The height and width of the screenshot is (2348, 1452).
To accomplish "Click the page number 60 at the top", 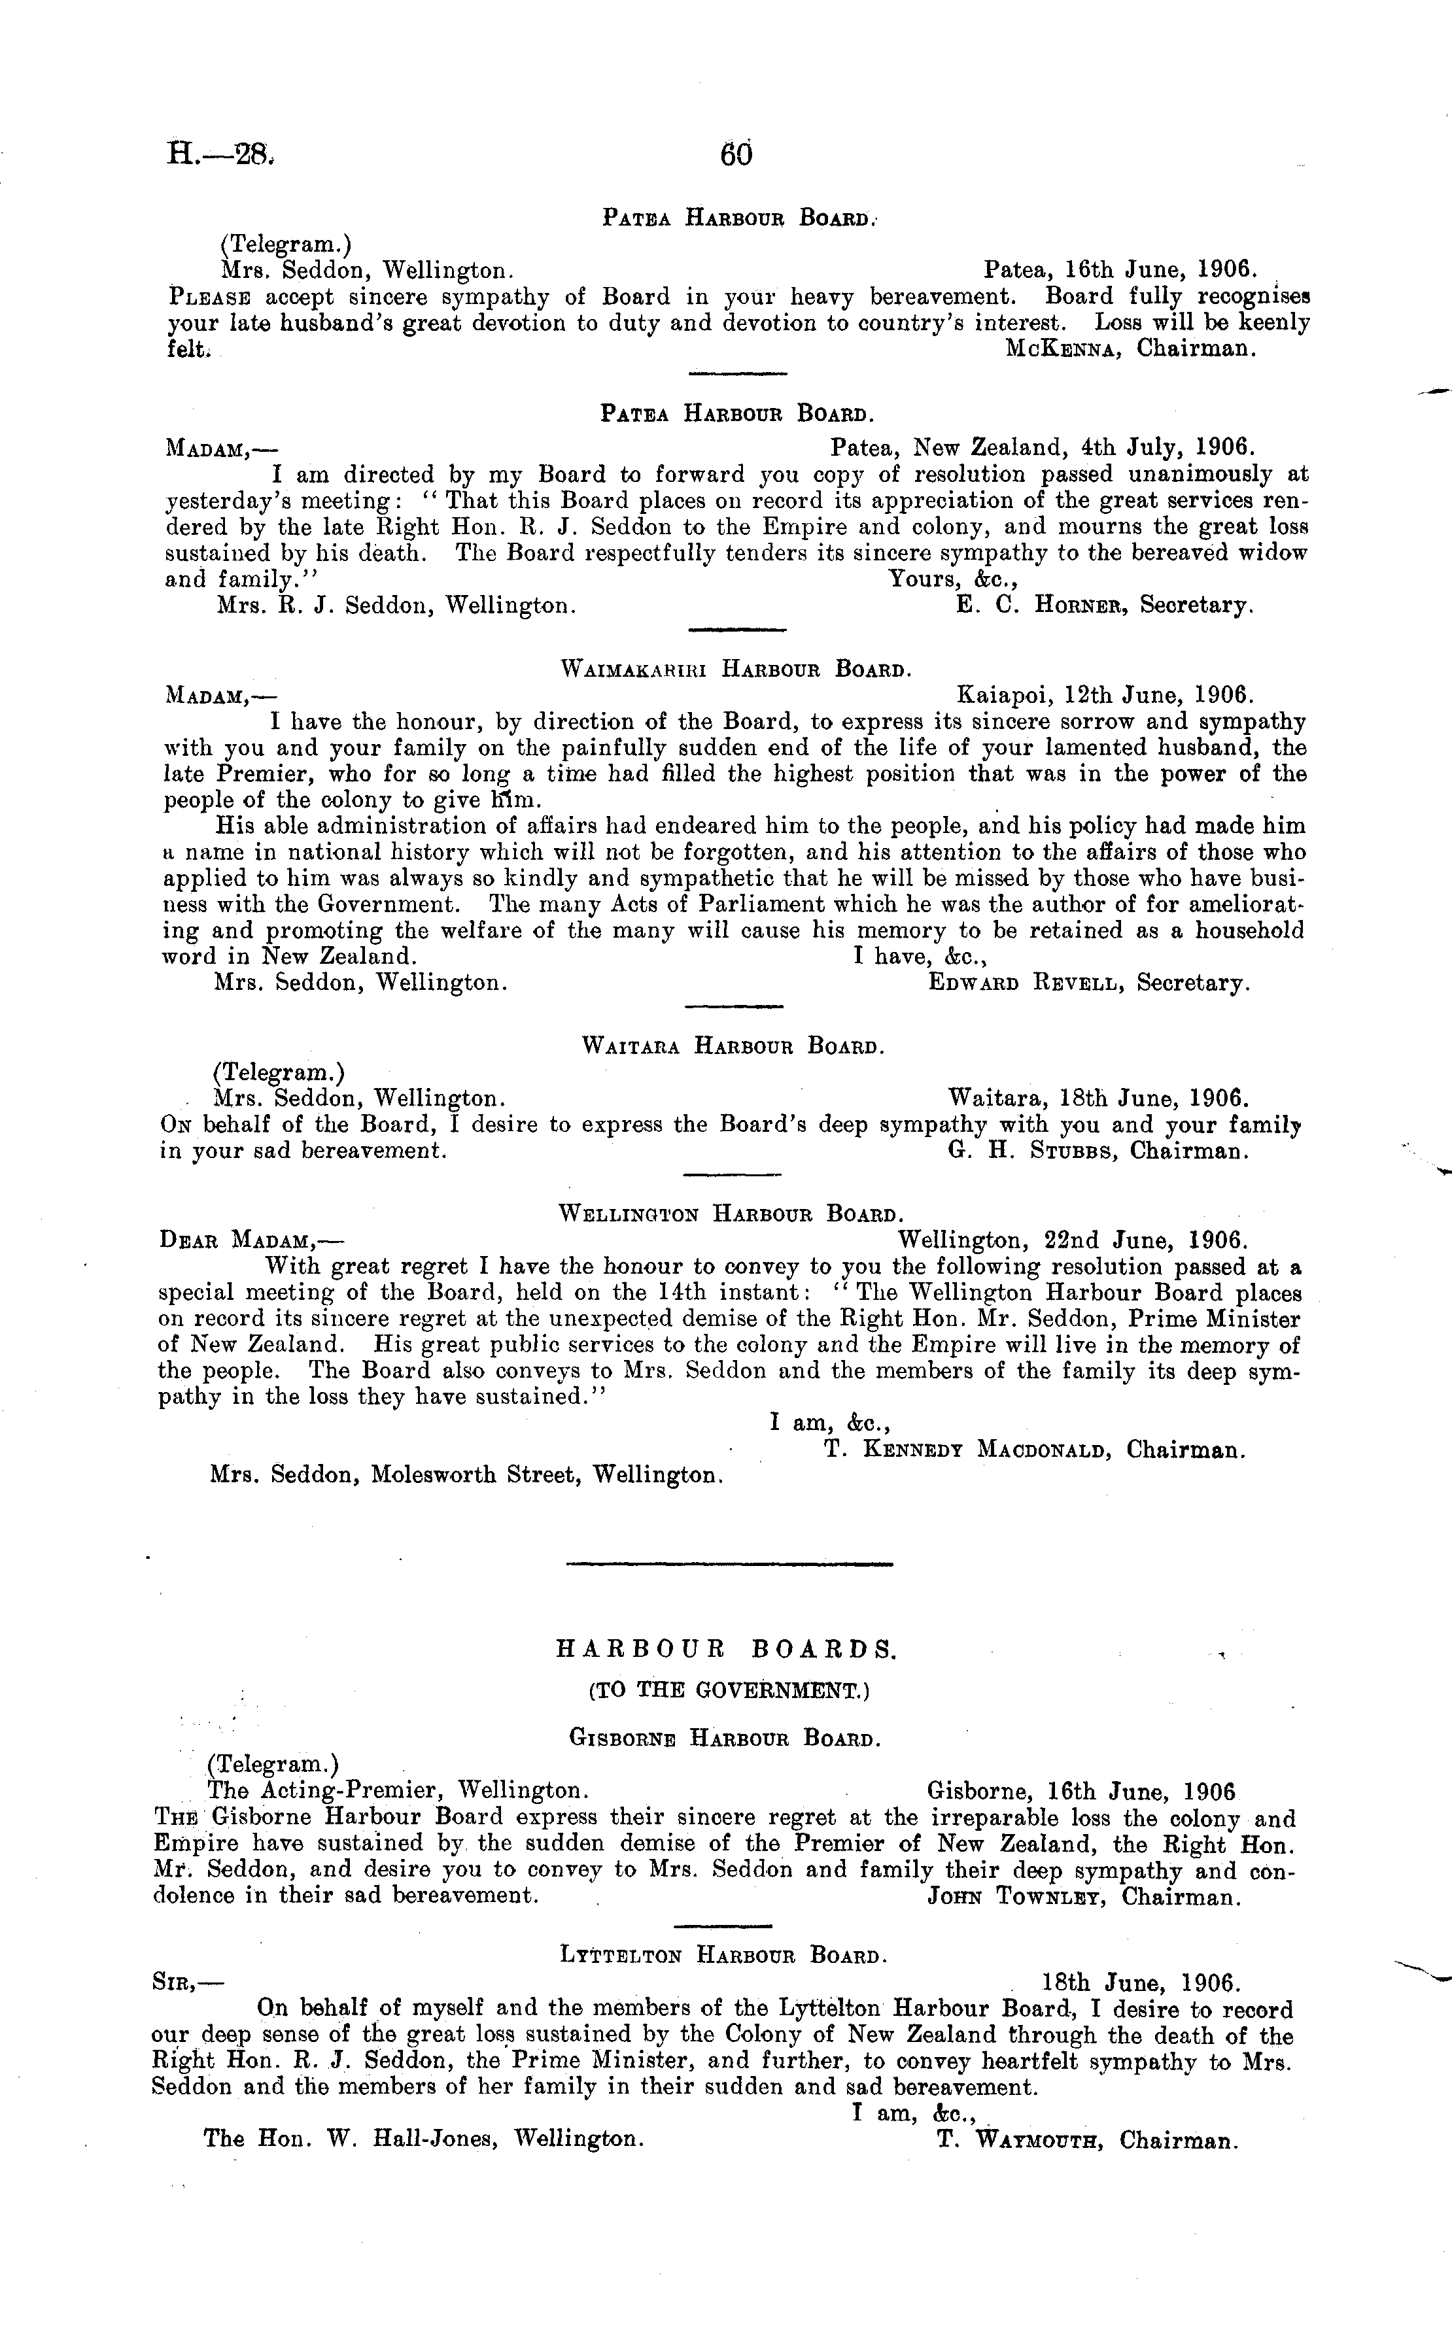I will coord(736,154).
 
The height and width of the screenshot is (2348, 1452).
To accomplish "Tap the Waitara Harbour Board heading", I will coord(733,1046).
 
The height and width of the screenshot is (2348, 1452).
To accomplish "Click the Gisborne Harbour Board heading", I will coord(724,1737).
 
